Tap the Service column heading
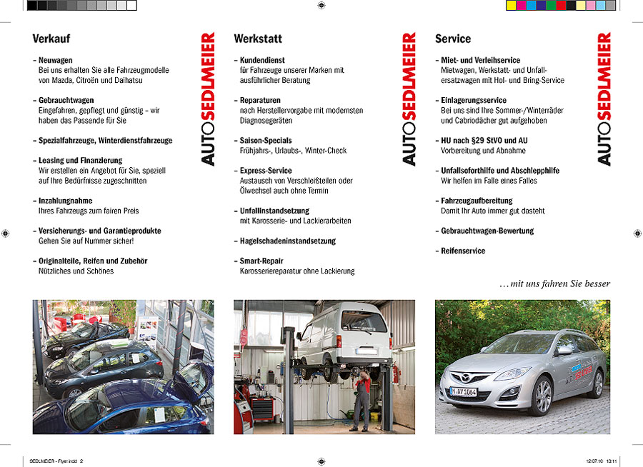click(453, 39)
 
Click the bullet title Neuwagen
click(56, 61)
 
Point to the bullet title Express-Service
click(266, 171)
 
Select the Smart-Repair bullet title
click(261, 261)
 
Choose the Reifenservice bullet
click(463, 251)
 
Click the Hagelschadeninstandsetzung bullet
click(288, 241)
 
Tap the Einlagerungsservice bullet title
click(474, 101)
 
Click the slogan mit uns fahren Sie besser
click(555, 284)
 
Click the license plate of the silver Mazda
click(463, 391)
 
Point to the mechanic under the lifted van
click(362, 400)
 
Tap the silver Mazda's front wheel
click(542, 397)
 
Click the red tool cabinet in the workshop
click(262, 410)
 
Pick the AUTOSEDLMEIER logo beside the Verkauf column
click(207, 99)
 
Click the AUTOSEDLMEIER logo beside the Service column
click(604, 99)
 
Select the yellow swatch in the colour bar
click(511, 6)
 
